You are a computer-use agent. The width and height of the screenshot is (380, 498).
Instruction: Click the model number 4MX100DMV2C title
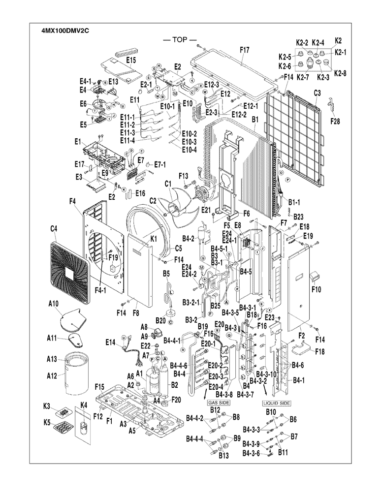[x=65, y=30]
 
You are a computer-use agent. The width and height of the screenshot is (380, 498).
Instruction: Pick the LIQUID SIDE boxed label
[x=276, y=403]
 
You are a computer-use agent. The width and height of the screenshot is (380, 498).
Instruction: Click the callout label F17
[x=245, y=50]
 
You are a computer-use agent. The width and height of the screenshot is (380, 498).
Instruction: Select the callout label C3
[x=317, y=93]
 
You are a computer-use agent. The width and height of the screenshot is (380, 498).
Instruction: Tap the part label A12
[x=53, y=376]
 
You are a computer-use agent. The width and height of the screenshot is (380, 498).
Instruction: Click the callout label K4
[x=83, y=405]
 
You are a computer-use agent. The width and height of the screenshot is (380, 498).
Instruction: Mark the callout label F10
[x=316, y=289]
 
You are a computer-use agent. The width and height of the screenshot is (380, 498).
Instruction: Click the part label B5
[x=166, y=273]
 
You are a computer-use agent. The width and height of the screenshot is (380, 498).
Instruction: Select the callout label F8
[x=135, y=312]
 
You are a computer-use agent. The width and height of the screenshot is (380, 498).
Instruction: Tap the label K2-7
[x=304, y=77]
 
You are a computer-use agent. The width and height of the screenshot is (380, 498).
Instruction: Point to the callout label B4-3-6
[x=251, y=454]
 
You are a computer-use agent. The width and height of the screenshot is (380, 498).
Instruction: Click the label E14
[x=111, y=342]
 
